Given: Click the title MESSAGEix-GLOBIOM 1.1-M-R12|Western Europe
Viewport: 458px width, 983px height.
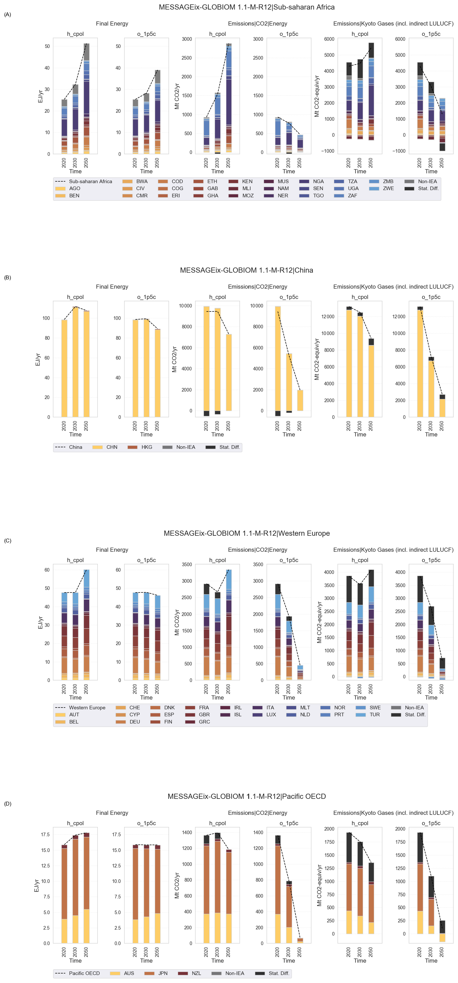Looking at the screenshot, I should [x=247, y=533].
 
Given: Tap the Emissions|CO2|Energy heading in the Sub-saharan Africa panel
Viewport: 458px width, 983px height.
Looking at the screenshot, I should [x=258, y=24].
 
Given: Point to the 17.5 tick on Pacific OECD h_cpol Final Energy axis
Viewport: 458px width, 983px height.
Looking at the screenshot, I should [x=45, y=835].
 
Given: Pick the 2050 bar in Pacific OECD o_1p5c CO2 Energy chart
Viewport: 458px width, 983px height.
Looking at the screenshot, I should [x=300, y=941].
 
